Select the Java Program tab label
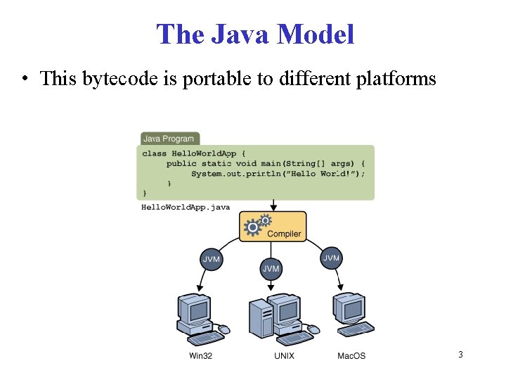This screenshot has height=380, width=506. tap(169, 139)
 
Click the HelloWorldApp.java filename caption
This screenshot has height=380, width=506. tap(186, 207)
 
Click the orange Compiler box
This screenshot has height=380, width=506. tap(273, 227)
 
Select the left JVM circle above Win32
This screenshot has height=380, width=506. tap(212, 259)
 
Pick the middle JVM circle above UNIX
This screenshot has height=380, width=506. tap(271, 268)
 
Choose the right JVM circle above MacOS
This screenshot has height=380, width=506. tap(331, 258)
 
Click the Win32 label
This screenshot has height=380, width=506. tap(200, 356)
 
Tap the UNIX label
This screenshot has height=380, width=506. tap(285, 356)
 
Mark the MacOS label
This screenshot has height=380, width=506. tap(351, 356)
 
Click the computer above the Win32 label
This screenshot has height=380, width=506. tap(200, 316)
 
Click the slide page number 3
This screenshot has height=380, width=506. tap(460, 355)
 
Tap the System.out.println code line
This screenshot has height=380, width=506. tap(278, 173)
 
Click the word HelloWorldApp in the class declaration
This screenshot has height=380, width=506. tap(205, 153)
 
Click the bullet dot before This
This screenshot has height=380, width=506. tap(25, 80)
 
